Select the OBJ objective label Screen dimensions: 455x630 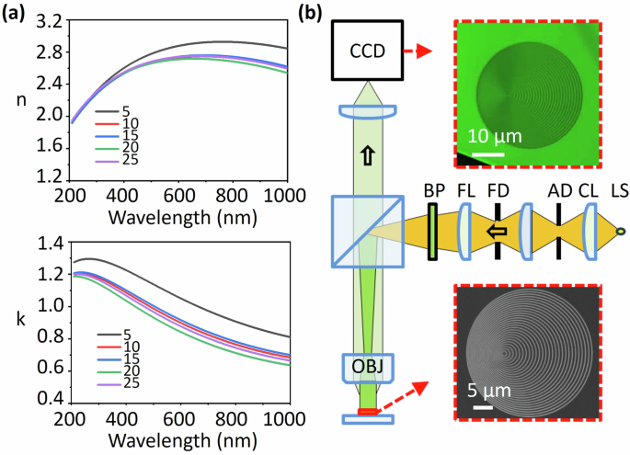click(x=368, y=369)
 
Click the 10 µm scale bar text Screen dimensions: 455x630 click(x=497, y=137)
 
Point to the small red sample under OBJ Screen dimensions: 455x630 click(x=368, y=410)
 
